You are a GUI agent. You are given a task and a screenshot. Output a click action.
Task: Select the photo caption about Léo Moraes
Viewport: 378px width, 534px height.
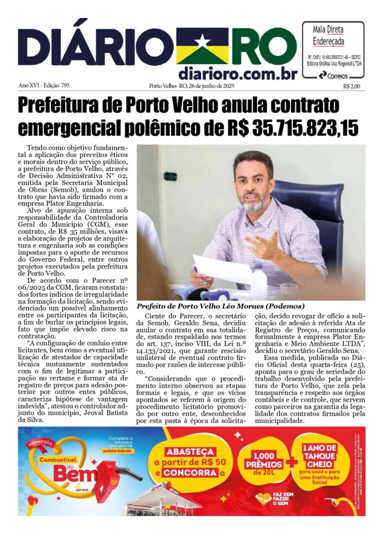[x=220, y=306]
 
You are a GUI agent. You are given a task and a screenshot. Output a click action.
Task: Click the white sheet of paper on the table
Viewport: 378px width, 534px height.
[x=217, y=269]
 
